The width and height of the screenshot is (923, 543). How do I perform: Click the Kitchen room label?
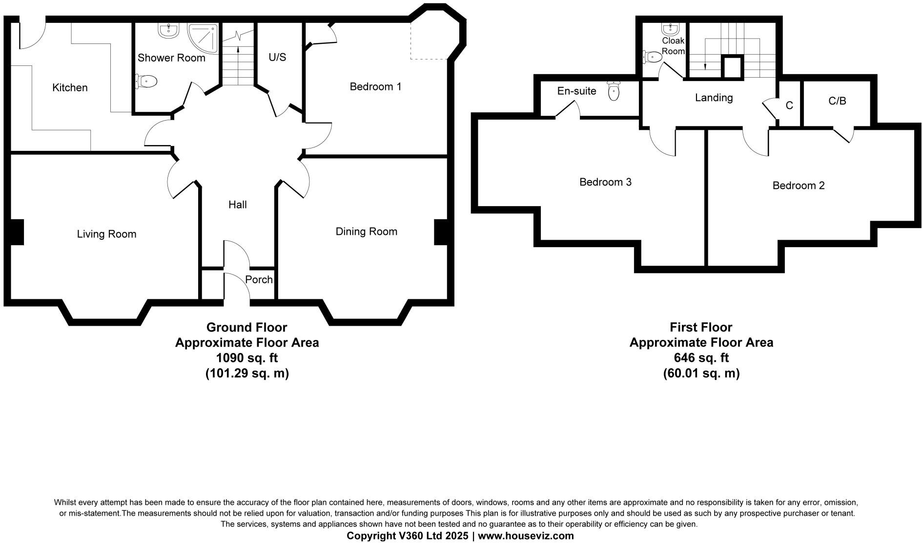click(70, 88)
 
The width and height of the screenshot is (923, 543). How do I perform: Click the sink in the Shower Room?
click(168, 31)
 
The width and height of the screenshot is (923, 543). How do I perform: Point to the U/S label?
click(277, 58)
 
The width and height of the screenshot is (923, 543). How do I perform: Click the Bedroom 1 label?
click(375, 87)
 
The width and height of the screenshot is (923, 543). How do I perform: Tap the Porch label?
click(259, 280)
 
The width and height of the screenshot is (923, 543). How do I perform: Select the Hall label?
click(238, 205)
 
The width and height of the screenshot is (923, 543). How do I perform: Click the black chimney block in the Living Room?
click(17, 232)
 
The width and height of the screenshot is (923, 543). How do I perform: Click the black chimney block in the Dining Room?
click(440, 232)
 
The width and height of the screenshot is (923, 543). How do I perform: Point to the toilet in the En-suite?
click(614, 91)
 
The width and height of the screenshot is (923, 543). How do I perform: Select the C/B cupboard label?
click(837, 101)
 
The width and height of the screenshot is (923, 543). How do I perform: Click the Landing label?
click(714, 98)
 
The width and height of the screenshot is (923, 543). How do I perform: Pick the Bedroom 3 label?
click(605, 182)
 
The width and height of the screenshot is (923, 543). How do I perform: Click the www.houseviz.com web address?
click(526, 536)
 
